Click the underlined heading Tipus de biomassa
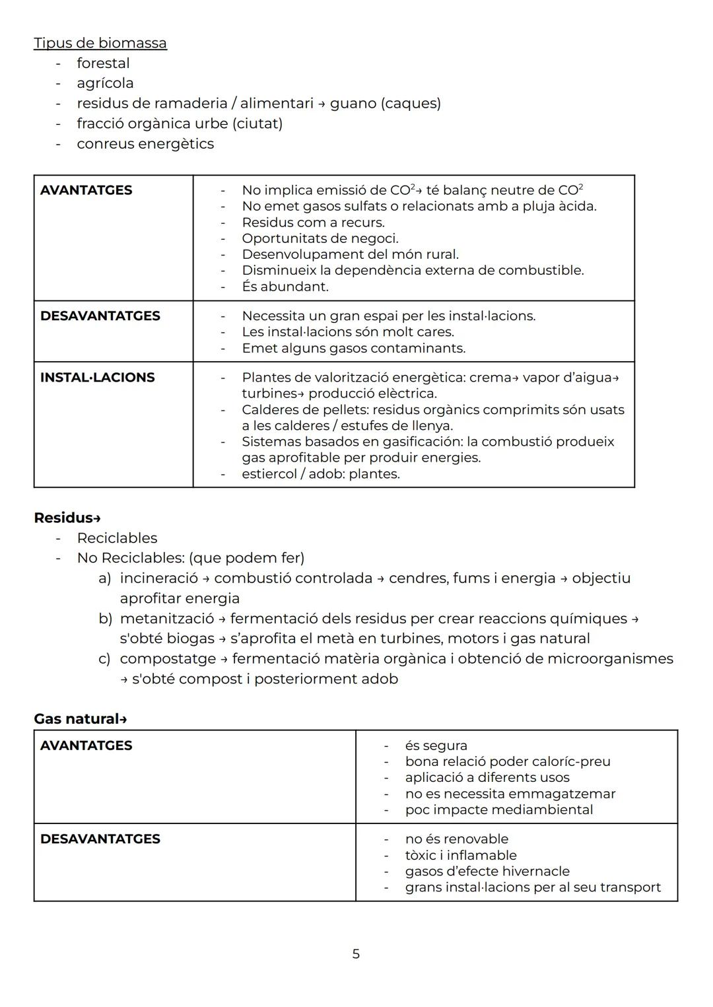point(100,43)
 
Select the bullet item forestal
point(103,63)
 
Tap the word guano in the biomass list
point(353,104)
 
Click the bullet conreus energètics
point(145,144)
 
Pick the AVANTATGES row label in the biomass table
point(86,190)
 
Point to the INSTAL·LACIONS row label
point(97,378)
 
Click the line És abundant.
point(285,287)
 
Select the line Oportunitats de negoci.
point(320,238)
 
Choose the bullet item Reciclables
point(117,538)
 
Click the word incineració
point(158,578)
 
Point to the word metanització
point(167,619)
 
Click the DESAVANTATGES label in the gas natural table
point(100,839)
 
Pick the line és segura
point(436,746)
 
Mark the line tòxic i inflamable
point(460,855)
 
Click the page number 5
point(356,954)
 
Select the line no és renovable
point(456,839)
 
